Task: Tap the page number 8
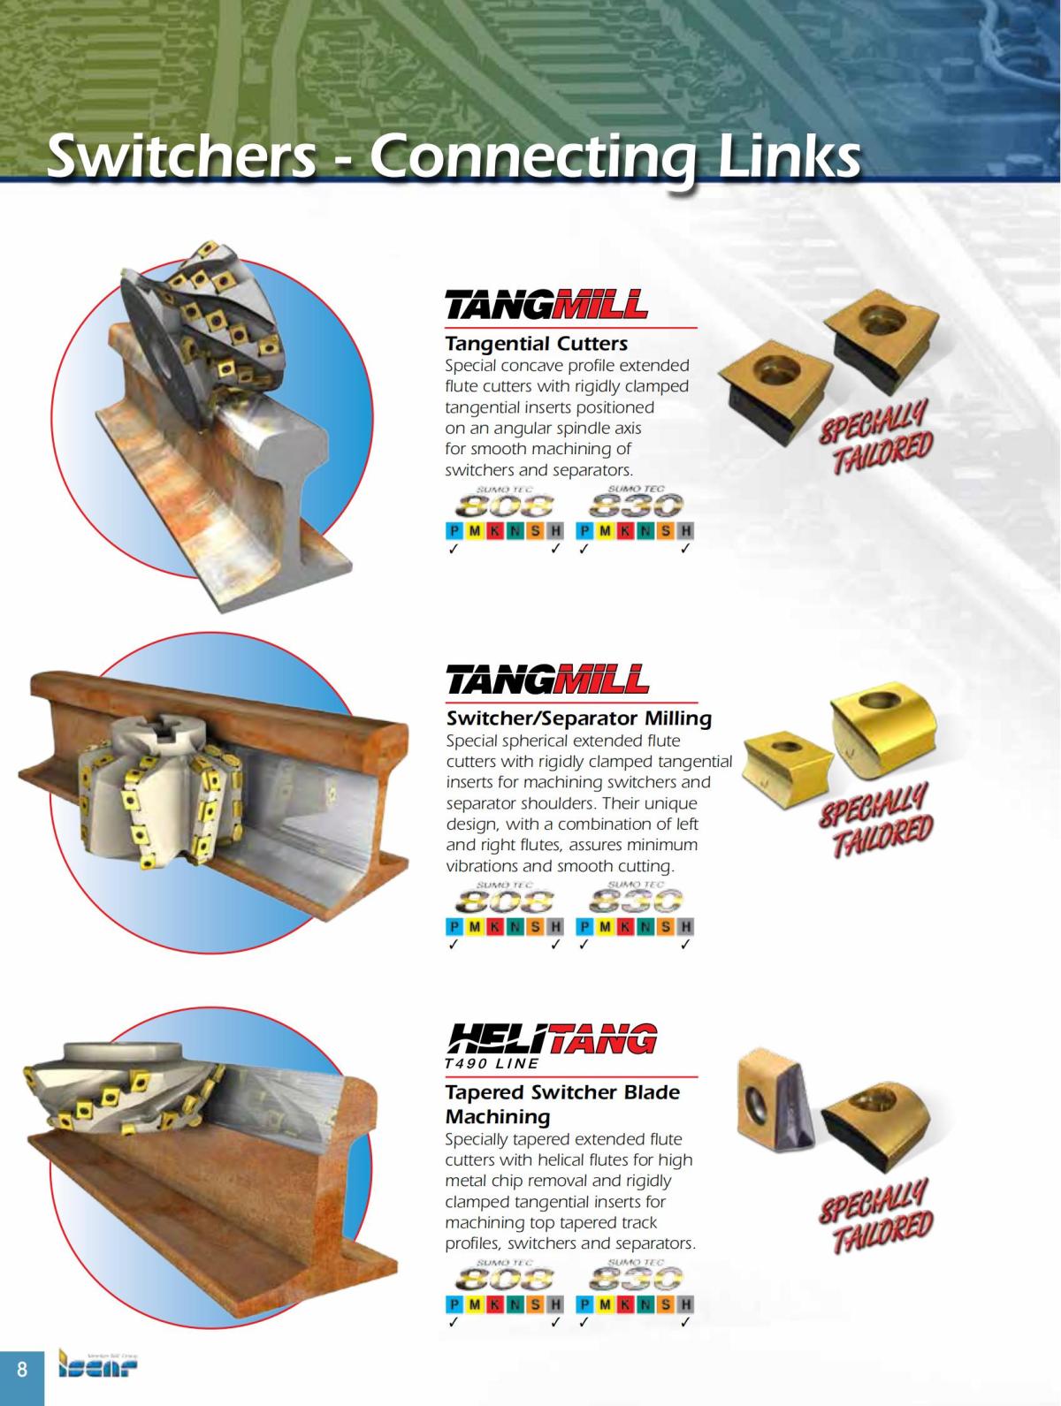[22, 1370]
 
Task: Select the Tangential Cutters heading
[536, 343]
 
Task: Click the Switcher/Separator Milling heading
[578, 718]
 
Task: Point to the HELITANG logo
[553, 1039]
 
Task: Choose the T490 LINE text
[492, 1063]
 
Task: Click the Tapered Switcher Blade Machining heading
[562, 1104]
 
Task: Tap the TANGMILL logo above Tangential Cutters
[546, 305]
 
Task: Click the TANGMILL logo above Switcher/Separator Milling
[546, 680]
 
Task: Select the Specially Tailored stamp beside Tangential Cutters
[876, 435]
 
